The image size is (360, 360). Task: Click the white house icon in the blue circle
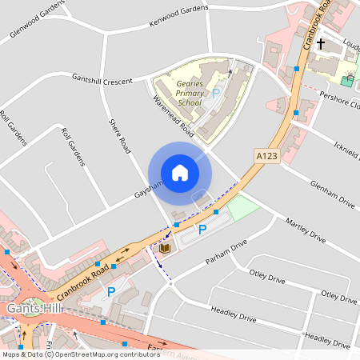[x=180, y=172]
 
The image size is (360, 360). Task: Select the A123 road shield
[x=266, y=156]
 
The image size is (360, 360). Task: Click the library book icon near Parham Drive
[x=165, y=249]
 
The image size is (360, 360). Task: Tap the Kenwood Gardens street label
[x=178, y=17]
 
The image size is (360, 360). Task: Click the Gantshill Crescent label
[x=102, y=79]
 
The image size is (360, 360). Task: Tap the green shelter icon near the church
[x=347, y=80]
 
